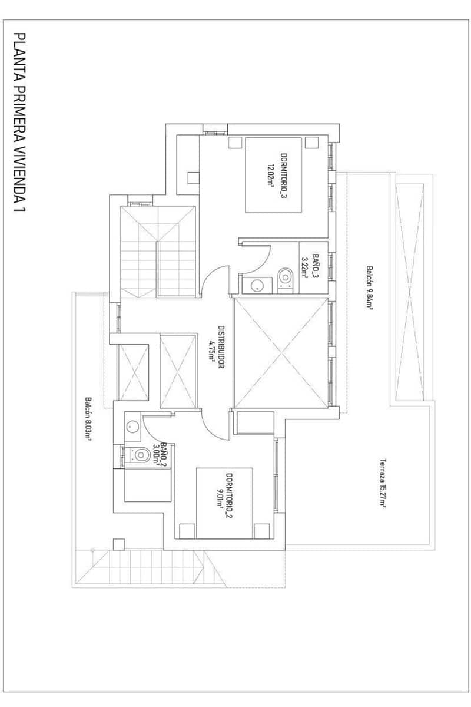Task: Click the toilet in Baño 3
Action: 286,277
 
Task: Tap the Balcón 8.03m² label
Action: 88,418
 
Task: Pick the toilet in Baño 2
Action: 140,455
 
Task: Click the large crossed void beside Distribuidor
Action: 280,352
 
